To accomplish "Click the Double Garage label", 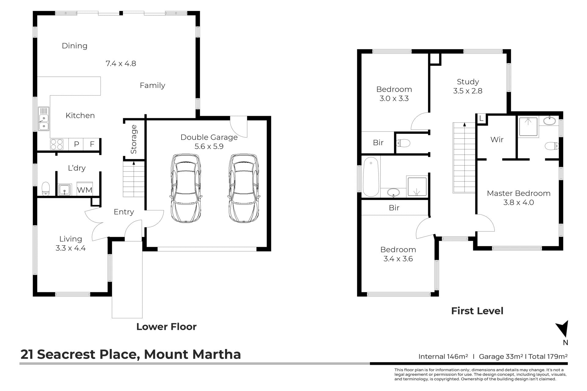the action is [209, 137].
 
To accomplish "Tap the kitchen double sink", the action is [43, 119].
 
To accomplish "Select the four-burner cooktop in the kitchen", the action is [57, 144].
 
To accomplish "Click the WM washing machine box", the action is [85, 190].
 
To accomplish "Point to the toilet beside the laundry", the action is [46, 189].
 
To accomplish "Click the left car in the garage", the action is [186, 188].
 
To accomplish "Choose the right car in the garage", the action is [244, 188].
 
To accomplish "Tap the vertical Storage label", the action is [134, 139].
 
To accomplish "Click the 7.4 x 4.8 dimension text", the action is [121, 64].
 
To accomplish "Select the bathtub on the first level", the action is [371, 176].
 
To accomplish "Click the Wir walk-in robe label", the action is [497, 140].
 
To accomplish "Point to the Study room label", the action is [468, 82].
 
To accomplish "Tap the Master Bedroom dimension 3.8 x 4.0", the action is [519, 203].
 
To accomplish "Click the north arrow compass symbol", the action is [563, 329].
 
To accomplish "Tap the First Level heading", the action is [477, 311].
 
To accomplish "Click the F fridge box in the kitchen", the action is [92, 144].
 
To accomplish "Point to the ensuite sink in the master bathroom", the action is [550, 121].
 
